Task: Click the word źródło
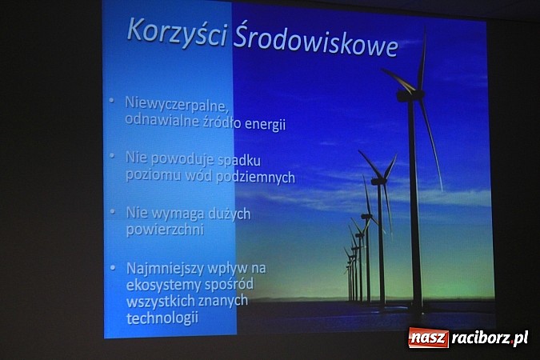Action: [x=214, y=124]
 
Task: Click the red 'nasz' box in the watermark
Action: [x=428, y=338]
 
